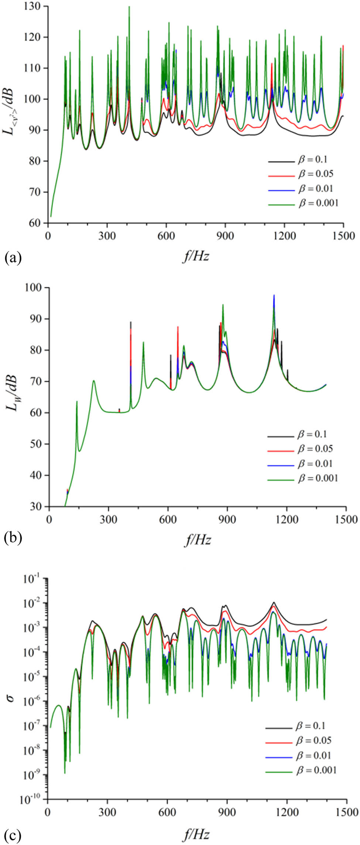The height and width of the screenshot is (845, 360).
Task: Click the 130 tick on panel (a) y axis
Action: [x=36, y=7]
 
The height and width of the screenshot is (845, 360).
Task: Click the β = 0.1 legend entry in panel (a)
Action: [x=312, y=160]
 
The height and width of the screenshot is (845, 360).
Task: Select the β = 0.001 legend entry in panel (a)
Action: [x=318, y=203]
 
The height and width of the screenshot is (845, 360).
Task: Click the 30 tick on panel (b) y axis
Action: [x=38, y=506]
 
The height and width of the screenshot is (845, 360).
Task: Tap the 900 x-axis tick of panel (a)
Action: [x=225, y=235]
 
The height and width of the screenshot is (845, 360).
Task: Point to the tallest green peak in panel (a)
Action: [x=129, y=7]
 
